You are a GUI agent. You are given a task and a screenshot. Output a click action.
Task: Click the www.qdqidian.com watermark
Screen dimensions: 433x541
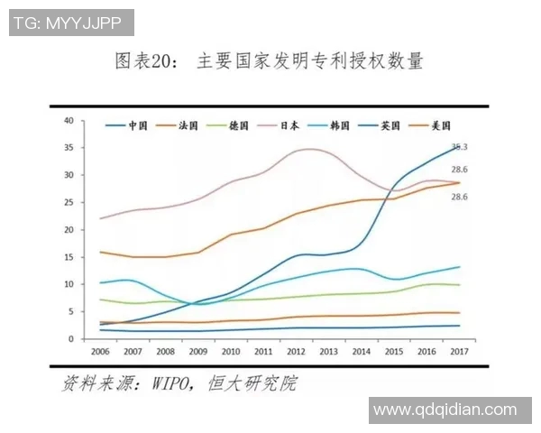pyautogui.click(x=445, y=410)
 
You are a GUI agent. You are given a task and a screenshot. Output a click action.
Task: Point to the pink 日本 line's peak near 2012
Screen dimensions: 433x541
pyautogui.click(x=309, y=149)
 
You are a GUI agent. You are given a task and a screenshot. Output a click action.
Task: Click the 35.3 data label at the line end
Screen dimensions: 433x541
pyautogui.click(x=459, y=146)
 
